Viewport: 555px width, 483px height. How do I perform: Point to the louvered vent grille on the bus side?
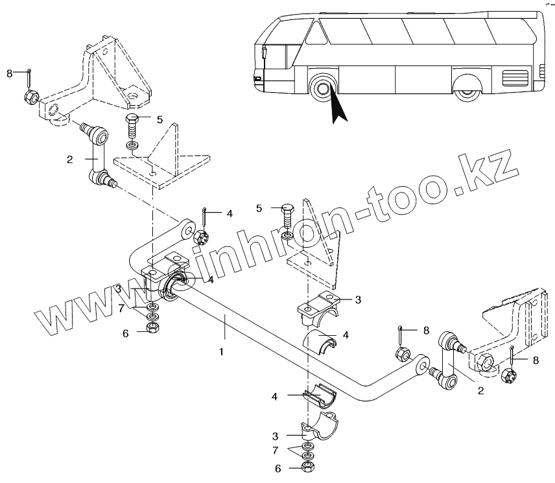pyautogui.click(x=516, y=79)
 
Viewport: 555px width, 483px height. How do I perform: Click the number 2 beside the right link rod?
pyautogui.click(x=480, y=390)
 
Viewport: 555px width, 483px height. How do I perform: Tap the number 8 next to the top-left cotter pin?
pyautogui.click(x=10, y=73)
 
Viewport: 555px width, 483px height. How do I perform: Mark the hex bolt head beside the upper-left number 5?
pyautogui.click(x=132, y=120)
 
